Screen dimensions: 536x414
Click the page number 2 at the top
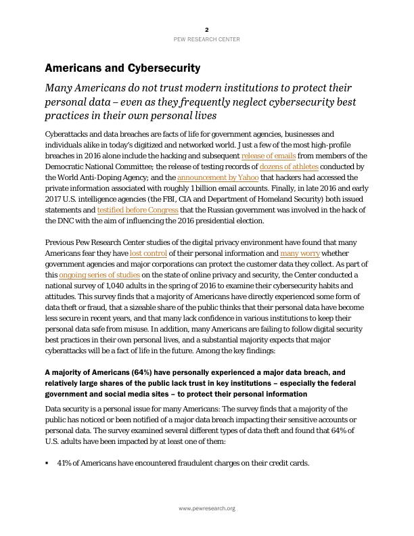pyautogui.click(x=207, y=29)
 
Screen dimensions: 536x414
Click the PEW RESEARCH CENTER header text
pyautogui.click(x=207, y=39)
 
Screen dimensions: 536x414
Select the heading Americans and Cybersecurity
pyautogui.click(x=122, y=68)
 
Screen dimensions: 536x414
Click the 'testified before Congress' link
pyautogui.click(x=138, y=210)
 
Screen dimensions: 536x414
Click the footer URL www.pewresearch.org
pyautogui.click(x=207, y=508)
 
